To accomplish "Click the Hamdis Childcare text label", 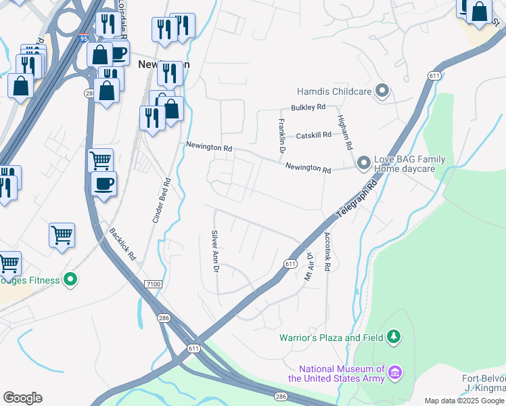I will click(333, 91).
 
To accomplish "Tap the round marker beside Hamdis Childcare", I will click(382, 91).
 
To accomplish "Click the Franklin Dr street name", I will click(281, 139).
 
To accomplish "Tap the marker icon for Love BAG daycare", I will click(363, 163).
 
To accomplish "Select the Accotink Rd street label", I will click(327, 252).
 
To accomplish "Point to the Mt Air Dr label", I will click(308, 266).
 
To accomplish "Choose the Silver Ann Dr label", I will click(215, 251).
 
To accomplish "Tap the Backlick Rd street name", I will click(123, 244).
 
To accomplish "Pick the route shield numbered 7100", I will click(153, 285).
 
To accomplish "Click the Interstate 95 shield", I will click(83, 39).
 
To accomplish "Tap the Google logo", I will click(22, 398).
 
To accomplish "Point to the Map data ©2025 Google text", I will click(465, 401).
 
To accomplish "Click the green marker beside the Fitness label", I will click(70, 279).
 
